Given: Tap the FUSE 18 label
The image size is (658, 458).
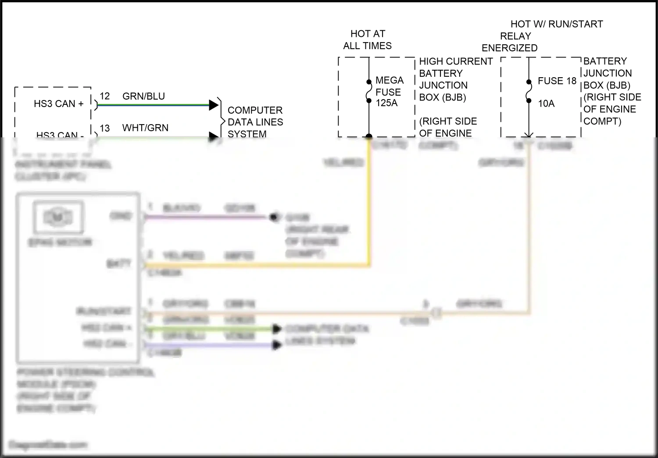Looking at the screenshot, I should pyautogui.click(x=557, y=81).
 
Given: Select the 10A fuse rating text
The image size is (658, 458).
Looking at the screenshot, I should pyautogui.click(x=546, y=104).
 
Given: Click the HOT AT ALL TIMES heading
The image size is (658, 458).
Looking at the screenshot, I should pyautogui.click(x=367, y=39).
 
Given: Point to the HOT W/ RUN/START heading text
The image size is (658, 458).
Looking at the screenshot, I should pyautogui.click(x=556, y=24).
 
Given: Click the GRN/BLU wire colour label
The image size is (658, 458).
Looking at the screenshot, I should pyautogui.click(x=143, y=96).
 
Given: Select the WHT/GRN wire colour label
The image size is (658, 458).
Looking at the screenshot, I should pyautogui.click(x=145, y=128).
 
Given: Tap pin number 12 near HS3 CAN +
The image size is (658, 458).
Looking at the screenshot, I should pyautogui.click(x=104, y=96).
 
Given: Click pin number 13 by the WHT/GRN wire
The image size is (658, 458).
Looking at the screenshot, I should pyautogui.click(x=104, y=128).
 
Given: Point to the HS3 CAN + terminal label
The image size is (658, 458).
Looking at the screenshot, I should pyautogui.click(x=58, y=104).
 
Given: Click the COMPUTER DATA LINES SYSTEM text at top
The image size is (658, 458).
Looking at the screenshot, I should pyautogui.click(x=255, y=122).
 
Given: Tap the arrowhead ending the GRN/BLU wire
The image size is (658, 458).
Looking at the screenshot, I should pyautogui.click(x=214, y=105).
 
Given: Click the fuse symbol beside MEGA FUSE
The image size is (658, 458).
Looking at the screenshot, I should pyautogui.click(x=369, y=91).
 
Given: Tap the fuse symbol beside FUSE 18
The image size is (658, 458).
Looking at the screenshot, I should pyautogui.click(x=529, y=91).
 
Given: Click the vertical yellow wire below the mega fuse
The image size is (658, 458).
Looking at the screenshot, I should pyautogui.click(x=369, y=202).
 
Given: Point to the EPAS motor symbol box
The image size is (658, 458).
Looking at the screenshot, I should pyautogui.click(x=58, y=217).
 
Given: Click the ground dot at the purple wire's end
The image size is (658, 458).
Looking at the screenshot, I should pyautogui.click(x=274, y=217).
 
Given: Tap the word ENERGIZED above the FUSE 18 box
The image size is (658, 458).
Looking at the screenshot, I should pyautogui.click(x=509, y=48).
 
